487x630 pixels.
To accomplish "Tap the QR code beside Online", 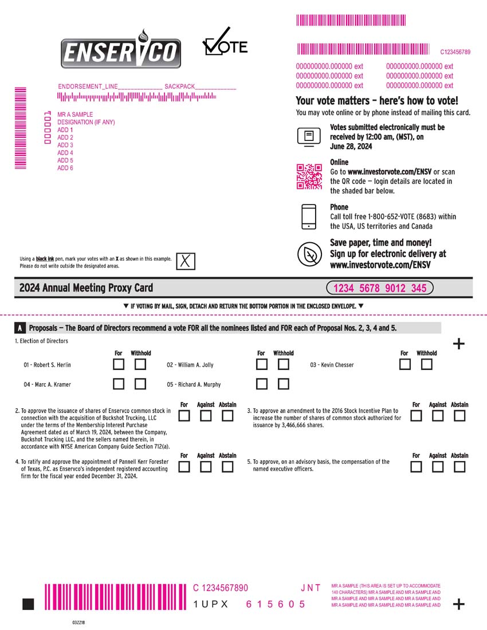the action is (309, 176).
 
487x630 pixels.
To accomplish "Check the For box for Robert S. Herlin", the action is (119, 364).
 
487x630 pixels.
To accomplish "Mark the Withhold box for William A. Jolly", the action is (283, 364).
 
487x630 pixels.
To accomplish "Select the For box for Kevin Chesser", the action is (405, 364).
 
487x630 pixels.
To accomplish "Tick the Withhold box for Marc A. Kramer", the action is (140, 384).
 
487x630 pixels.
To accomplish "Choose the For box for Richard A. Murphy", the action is (262, 384).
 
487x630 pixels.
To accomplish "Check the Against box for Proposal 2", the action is (206, 415).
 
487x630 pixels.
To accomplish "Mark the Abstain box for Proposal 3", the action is (459, 415).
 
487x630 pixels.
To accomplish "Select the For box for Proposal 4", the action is (184, 466).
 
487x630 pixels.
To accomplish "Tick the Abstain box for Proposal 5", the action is (459, 466).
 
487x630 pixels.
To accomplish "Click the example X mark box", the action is (186, 261).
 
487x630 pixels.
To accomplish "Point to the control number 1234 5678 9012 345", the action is (380, 288).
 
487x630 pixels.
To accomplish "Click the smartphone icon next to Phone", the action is (309, 216).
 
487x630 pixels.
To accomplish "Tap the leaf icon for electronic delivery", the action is (309, 254).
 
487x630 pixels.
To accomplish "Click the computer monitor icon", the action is (309, 137).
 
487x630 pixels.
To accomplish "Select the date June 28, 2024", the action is (351, 147).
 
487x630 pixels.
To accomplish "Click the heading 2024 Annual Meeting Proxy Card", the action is (86, 288).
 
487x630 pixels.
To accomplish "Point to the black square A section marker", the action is (19, 328).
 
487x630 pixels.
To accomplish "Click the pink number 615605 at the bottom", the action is (276, 604).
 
